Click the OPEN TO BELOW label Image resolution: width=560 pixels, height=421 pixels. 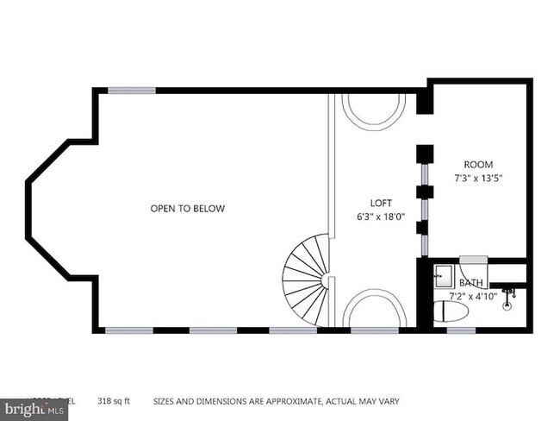click(187, 208)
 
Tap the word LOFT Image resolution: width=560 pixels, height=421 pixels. click(381, 203)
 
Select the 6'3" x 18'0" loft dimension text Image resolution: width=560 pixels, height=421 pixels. click(381, 217)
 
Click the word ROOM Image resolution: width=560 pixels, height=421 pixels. click(478, 164)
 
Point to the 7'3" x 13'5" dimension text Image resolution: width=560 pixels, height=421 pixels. click(478, 179)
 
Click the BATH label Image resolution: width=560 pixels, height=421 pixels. click(471, 282)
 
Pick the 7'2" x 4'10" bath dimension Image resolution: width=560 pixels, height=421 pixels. click(471, 296)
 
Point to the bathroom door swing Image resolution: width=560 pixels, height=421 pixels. click(473, 263)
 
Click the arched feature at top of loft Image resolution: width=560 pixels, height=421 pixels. click(373, 110)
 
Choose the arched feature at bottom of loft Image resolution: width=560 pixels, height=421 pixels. click(373, 308)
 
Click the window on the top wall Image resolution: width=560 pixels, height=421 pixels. click(132, 90)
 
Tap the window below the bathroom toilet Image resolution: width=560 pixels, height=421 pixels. click(461, 330)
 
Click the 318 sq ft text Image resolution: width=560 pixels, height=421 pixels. click(118, 401)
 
